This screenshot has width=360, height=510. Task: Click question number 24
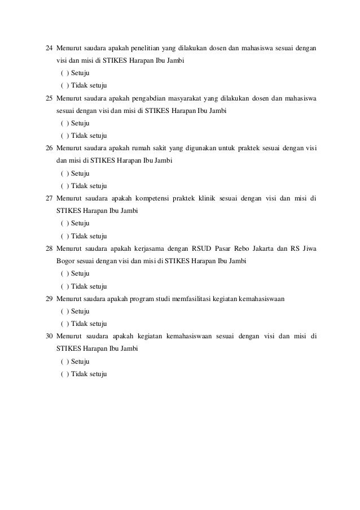point(49,48)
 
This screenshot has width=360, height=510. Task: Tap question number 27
point(49,198)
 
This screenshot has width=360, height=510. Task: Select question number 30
point(49,337)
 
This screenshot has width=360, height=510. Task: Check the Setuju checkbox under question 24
point(64,73)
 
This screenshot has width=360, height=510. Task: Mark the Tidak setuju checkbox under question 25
point(64,136)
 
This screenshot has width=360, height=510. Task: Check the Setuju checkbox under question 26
point(64,173)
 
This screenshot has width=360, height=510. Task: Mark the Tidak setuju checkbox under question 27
point(64,236)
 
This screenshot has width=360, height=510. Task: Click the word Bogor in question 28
point(65,261)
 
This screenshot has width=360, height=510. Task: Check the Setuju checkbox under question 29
point(64,311)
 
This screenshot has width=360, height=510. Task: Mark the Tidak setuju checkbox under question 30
point(64,374)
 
